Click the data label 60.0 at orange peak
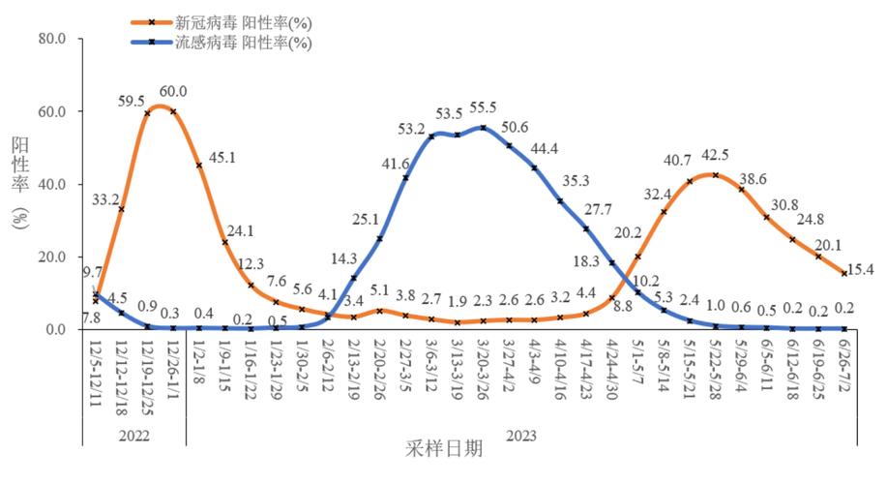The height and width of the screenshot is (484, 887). tap(173, 92)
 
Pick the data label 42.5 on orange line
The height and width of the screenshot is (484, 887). tap(716, 156)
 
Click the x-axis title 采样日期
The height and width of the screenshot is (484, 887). tap(445, 449)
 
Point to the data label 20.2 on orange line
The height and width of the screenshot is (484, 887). tap(630, 232)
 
